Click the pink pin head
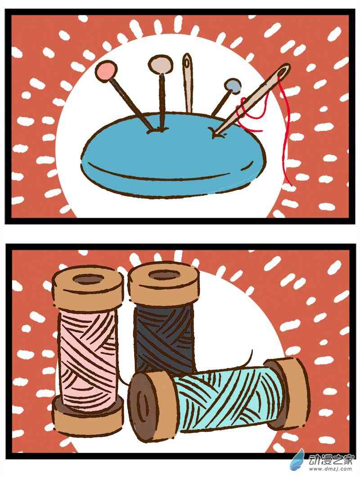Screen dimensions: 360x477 coord(106,70)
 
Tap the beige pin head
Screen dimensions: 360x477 coord(161,64)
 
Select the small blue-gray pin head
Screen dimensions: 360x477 coord(233,85)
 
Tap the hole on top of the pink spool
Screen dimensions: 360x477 coord(89,279)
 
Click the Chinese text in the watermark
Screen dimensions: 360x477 coord(331,459)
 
